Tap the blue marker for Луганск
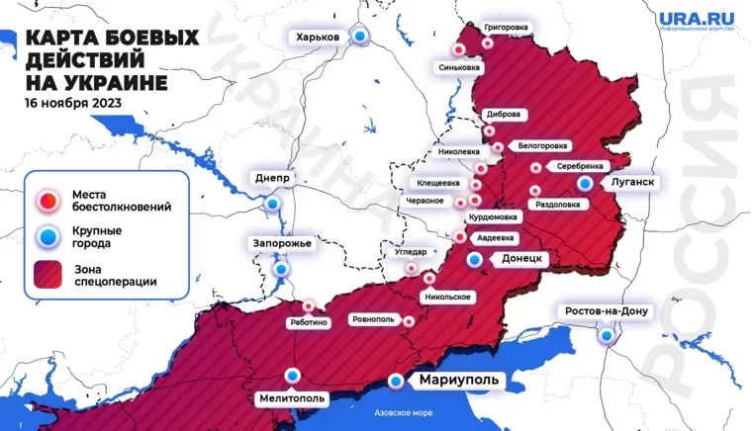pyautogui.click(x=587, y=184)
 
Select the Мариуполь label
pyautogui.click(x=453, y=381)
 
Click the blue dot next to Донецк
pyautogui.click(x=476, y=259)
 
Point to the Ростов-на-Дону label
pyautogui.click(x=607, y=311)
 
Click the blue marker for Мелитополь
pyautogui.click(x=293, y=375)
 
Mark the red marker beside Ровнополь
pyautogui.click(x=409, y=319)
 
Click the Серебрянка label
pyautogui.click(x=580, y=166)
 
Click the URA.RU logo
pyautogui.click(x=694, y=20)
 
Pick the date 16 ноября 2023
pyautogui.click(x=73, y=102)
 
